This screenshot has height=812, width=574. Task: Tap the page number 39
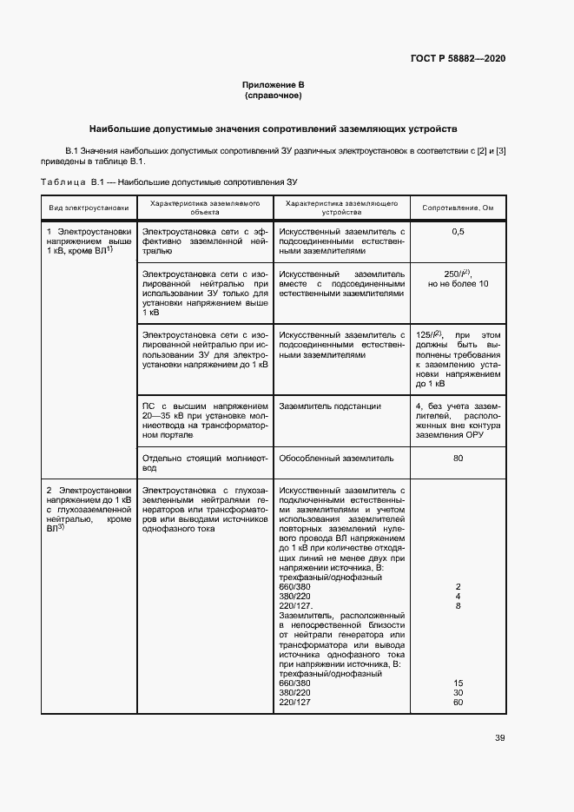pos(499,738)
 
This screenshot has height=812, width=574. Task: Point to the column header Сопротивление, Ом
pos(458,208)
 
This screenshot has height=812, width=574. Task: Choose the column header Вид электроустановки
pos(89,208)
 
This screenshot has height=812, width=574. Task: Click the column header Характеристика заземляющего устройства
pos(341,207)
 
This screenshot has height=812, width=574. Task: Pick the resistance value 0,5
pos(458,232)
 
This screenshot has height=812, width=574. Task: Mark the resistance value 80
pos(458,458)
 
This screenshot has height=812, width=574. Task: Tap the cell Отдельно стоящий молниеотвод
pos(205,462)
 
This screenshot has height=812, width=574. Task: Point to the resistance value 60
pos(458,702)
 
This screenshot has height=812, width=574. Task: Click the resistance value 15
pos(458,683)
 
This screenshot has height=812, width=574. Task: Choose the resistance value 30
pos(458,692)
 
